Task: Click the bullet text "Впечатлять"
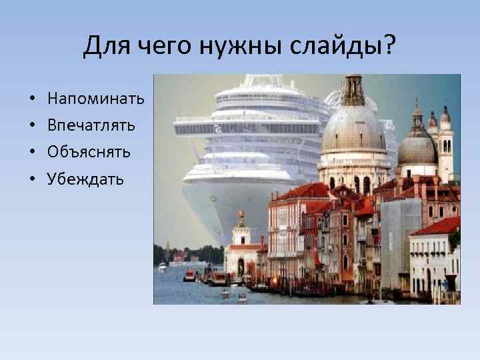click(91, 125)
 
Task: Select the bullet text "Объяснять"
click(89, 152)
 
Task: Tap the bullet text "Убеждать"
click(85, 179)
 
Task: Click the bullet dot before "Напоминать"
click(32, 99)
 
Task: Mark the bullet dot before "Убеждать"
click(32, 179)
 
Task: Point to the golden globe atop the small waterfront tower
click(241, 215)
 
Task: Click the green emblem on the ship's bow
click(213, 198)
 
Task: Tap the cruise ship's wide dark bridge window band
click(247, 128)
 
